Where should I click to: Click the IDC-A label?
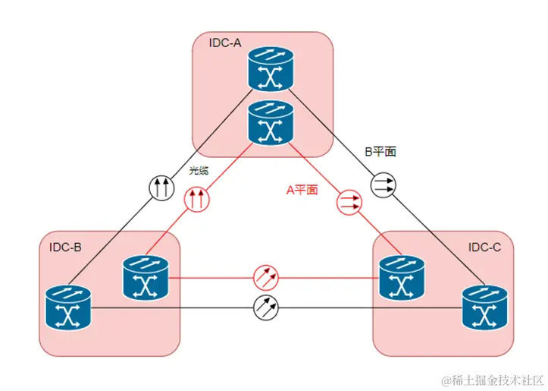225,43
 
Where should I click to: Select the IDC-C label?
484,247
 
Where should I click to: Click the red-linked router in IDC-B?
145,277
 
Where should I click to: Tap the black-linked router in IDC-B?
67,307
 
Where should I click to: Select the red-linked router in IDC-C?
399,278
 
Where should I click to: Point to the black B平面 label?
381,152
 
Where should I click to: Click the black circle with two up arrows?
161,188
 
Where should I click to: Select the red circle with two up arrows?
196,200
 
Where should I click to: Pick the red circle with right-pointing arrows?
349,202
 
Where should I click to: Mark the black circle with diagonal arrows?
266,307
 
